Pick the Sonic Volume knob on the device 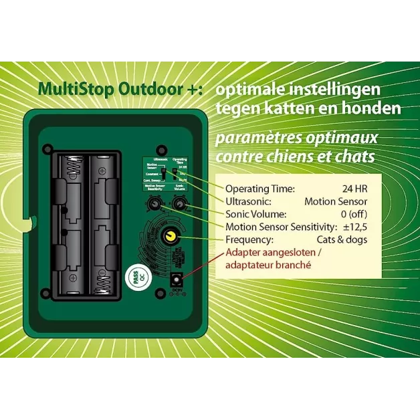coord(179,203)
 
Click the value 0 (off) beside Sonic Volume coord(349,214)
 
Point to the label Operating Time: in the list coord(259,189)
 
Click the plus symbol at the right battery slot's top coord(101,171)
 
